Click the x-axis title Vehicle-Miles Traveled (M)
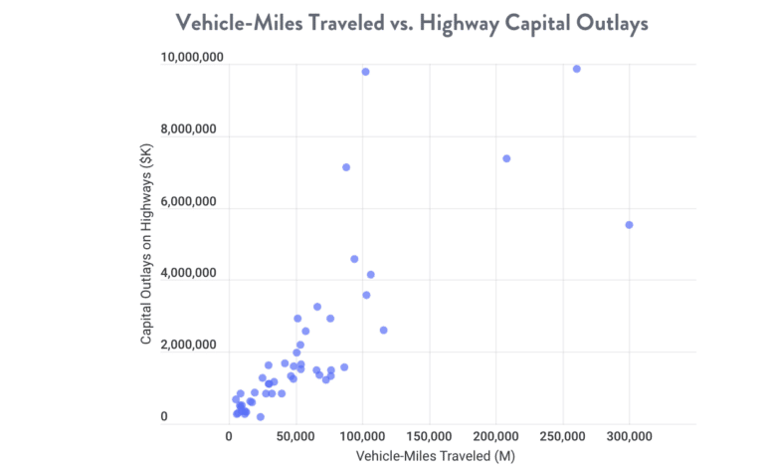[x=434, y=456]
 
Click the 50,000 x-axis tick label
[x=295, y=435]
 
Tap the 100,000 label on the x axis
[x=362, y=435]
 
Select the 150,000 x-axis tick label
[x=429, y=435]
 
